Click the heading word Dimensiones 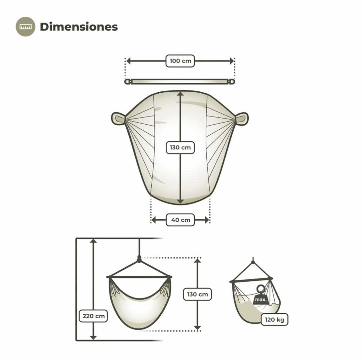point(79,27)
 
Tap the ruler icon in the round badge point(26,27)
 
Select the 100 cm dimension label point(180,61)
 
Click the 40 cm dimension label point(180,220)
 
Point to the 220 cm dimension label point(93,316)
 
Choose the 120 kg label point(275,319)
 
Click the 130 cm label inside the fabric point(180,147)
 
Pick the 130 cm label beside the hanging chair point(197,294)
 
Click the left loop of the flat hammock point(118,119)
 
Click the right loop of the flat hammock point(242,119)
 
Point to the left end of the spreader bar point(127,82)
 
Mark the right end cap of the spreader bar point(232,82)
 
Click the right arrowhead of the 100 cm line point(232,61)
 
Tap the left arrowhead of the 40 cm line point(154,220)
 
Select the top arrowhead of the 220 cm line point(93,241)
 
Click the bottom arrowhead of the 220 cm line point(93,337)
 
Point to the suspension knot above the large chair point(139,260)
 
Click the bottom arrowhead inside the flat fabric point(180,201)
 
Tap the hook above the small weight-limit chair point(253,261)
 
